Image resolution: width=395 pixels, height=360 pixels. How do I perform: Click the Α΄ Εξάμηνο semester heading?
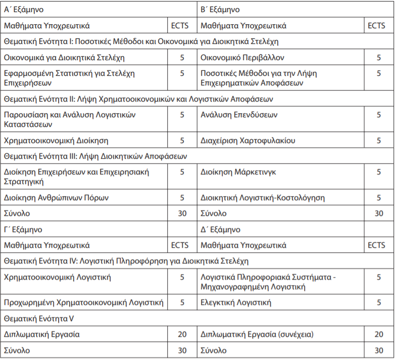tap(24, 9)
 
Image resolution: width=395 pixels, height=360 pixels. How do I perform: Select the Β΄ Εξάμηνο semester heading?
tap(220, 9)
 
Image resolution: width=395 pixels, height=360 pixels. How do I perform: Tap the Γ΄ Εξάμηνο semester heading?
tap(24, 230)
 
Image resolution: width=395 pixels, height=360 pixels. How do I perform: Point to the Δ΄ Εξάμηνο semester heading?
tap(220, 230)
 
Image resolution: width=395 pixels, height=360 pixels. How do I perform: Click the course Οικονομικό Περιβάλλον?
tap(242, 57)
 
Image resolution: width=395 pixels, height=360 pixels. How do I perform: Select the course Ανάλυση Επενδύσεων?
tap(239, 115)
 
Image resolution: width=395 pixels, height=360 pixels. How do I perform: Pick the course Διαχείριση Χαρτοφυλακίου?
tap(248, 141)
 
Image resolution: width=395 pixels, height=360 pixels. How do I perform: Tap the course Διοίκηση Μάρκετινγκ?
tap(238, 172)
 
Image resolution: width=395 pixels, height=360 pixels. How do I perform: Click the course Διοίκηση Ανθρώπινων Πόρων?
tap(56, 198)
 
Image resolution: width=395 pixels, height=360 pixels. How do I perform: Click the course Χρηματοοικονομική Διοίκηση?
tap(56, 141)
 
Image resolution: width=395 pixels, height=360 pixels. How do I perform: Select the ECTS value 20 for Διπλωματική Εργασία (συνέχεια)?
tap(378, 334)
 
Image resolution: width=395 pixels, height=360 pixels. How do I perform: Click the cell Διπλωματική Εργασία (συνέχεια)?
tap(257, 334)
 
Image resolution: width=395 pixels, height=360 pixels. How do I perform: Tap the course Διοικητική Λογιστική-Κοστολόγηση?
tap(263, 198)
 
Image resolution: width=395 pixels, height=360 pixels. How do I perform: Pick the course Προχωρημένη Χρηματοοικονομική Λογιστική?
tap(84, 303)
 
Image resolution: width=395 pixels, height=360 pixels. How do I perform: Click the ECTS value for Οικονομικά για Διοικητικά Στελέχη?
tap(182, 57)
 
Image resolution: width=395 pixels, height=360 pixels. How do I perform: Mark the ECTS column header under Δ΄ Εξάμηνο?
tap(376, 245)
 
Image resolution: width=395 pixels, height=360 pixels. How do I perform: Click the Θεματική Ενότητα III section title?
tap(95, 156)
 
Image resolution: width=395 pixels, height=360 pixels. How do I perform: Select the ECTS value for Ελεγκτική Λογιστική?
tap(378, 303)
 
